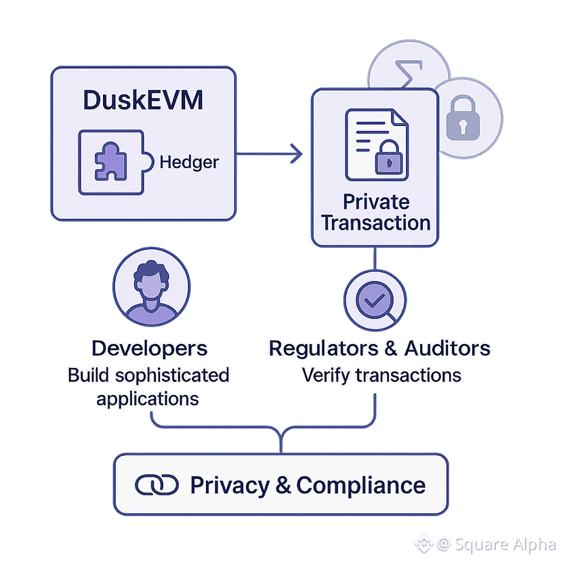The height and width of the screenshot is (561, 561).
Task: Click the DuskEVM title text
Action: (x=143, y=100)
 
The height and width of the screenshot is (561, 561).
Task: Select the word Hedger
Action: (x=189, y=163)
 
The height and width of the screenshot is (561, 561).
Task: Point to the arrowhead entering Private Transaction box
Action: (x=296, y=154)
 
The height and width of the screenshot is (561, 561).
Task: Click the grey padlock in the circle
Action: (x=463, y=120)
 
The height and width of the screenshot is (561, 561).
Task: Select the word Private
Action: (x=376, y=202)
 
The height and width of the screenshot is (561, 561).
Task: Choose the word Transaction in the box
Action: (x=376, y=223)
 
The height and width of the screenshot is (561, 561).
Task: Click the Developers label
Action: (x=149, y=348)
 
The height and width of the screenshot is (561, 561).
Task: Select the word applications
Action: (x=148, y=398)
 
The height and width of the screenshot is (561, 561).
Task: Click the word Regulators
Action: (x=325, y=348)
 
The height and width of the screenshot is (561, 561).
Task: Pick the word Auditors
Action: (x=447, y=348)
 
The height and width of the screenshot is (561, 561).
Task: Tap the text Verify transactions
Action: (x=381, y=375)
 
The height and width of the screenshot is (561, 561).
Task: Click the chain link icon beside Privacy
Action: (x=157, y=485)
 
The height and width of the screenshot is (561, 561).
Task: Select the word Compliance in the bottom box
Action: (x=361, y=485)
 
